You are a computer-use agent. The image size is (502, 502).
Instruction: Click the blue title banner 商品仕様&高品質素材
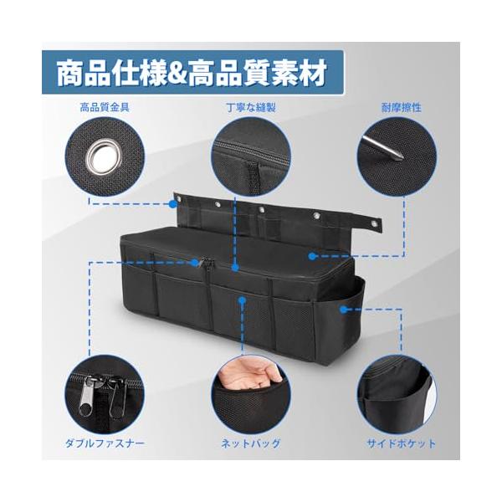(x=192, y=72)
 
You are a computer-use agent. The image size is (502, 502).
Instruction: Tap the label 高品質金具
(x=105, y=107)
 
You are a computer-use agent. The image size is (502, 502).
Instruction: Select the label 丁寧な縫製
(x=251, y=107)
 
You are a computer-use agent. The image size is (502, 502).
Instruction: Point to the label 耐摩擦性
(x=401, y=108)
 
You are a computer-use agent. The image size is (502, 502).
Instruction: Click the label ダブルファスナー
(x=105, y=443)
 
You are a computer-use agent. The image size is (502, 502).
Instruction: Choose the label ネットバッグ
(x=251, y=443)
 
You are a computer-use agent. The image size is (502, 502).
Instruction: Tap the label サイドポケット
(x=401, y=443)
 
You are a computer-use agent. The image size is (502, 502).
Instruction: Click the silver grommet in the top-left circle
(x=105, y=158)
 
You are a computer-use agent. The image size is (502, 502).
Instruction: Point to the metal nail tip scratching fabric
(x=383, y=146)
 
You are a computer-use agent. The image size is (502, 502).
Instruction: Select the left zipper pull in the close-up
(x=89, y=397)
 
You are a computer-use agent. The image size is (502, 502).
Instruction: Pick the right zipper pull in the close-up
(x=117, y=397)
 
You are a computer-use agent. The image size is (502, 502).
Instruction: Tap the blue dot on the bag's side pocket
(x=344, y=310)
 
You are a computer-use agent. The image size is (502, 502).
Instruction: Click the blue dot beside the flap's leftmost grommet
(x=173, y=204)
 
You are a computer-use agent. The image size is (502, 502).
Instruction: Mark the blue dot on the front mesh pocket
(x=243, y=300)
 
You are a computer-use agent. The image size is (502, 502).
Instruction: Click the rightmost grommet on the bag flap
(x=374, y=223)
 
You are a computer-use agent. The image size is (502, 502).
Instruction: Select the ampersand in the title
(x=177, y=73)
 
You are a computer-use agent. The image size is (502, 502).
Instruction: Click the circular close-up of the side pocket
(x=397, y=394)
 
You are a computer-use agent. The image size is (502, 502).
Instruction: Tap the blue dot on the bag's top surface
(x=312, y=256)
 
